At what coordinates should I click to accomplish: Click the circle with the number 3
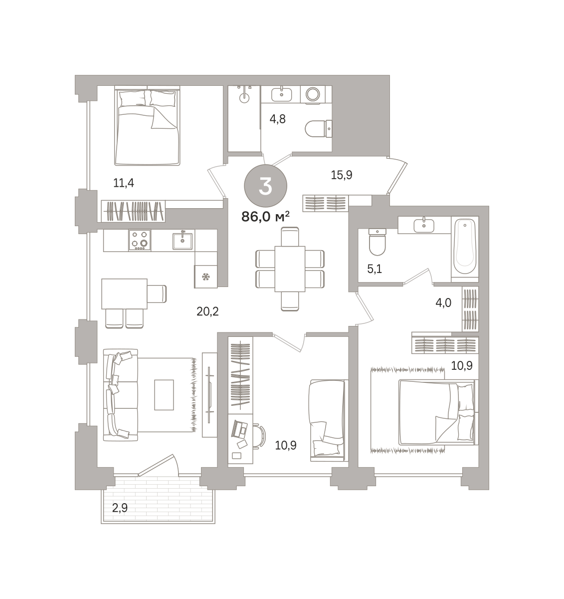pos(265,186)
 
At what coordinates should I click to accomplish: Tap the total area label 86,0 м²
pos(265,217)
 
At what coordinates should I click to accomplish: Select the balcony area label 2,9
pos(120,509)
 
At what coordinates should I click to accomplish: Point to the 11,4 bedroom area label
pos(123,183)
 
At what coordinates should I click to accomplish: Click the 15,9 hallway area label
pos(342,175)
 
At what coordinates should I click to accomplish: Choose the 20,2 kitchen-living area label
pos(207,311)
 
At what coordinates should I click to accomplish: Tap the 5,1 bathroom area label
pos(375,269)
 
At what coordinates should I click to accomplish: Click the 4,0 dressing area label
pos(443,302)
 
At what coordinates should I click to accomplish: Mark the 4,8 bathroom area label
pos(277,119)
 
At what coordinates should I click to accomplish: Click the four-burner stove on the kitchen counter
pos(140,240)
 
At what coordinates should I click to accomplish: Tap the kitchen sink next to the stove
pos(183,241)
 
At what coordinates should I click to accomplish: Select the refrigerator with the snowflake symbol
pos(206,277)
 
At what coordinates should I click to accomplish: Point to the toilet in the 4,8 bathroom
pos(318,129)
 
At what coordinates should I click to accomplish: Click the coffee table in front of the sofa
pos(164,395)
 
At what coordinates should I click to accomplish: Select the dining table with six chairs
pos(290,269)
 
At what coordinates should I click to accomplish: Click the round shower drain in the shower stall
pos(244,98)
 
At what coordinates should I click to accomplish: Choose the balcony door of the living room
pos(158,465)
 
